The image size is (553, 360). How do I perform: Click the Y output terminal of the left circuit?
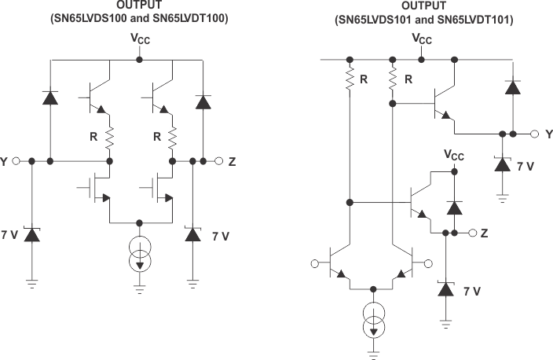point(15,162)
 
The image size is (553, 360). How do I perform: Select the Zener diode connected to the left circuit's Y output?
point(31,233)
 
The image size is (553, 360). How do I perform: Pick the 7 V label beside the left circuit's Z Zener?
point(221,235)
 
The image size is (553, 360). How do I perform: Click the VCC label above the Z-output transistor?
point(454,155)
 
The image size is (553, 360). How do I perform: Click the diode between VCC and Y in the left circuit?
point(50,98)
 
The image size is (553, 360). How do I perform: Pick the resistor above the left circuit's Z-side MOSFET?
point(171,138)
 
